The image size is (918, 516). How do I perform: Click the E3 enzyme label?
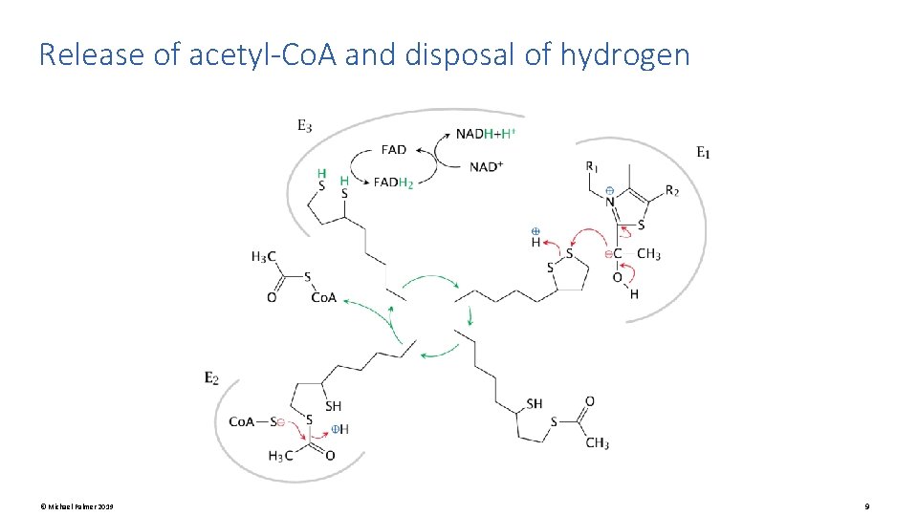click(x=304, y=124)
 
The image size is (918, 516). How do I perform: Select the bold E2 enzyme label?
click(x=211, y=378)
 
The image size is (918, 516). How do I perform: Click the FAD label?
click(x=393, y=149)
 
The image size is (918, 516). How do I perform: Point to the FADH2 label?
click(x=393, y=182)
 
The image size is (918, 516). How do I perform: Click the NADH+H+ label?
click(x=486, y=133)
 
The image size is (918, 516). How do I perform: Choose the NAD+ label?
click(x=486, y=166)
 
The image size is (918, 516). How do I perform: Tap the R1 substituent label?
click(x=593, y=166)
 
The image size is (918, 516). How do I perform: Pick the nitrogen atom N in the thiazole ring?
click(x=608, y=202)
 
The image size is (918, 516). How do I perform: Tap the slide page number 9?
click(x=865, y=505)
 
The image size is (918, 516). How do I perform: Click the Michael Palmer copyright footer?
click(x=76, y=505)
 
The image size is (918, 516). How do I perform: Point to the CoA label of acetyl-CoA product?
click(x=323, y=297)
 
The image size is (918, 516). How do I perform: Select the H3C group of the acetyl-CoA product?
click(x=264, y=256)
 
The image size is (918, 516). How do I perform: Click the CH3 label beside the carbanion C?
click(x=648, y=253)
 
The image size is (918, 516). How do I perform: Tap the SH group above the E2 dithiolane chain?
click(x=333, y=406)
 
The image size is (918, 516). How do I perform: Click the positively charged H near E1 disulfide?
click(x=535, y=243)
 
